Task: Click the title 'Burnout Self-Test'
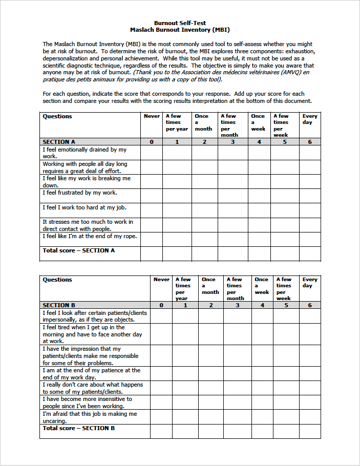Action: click(180, 23)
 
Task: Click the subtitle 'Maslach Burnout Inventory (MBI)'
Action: click(180, 30)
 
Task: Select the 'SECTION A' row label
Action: click(59, 142)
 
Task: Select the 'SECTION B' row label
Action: click(59, 305)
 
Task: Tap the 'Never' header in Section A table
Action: click(152, 116)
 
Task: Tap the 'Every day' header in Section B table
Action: click(310, 283)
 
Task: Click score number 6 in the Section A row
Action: click(310, 142)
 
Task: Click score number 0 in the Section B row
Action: click(161, 305)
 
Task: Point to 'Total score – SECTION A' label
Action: click(78, 250)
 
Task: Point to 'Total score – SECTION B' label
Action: click(78, 428)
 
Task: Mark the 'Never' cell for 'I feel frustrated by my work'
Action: click(152, 196)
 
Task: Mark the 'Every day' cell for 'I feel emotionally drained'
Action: click(310, 153)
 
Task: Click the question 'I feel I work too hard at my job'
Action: click(84, 207)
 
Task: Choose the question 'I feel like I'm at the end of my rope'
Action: click(90, 237)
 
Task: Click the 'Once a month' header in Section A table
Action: click(203, 122)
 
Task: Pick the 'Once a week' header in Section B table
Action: click(262, 286)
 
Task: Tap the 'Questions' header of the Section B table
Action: click(57, 280)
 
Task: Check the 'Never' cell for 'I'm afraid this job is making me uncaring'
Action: click(161, 417)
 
